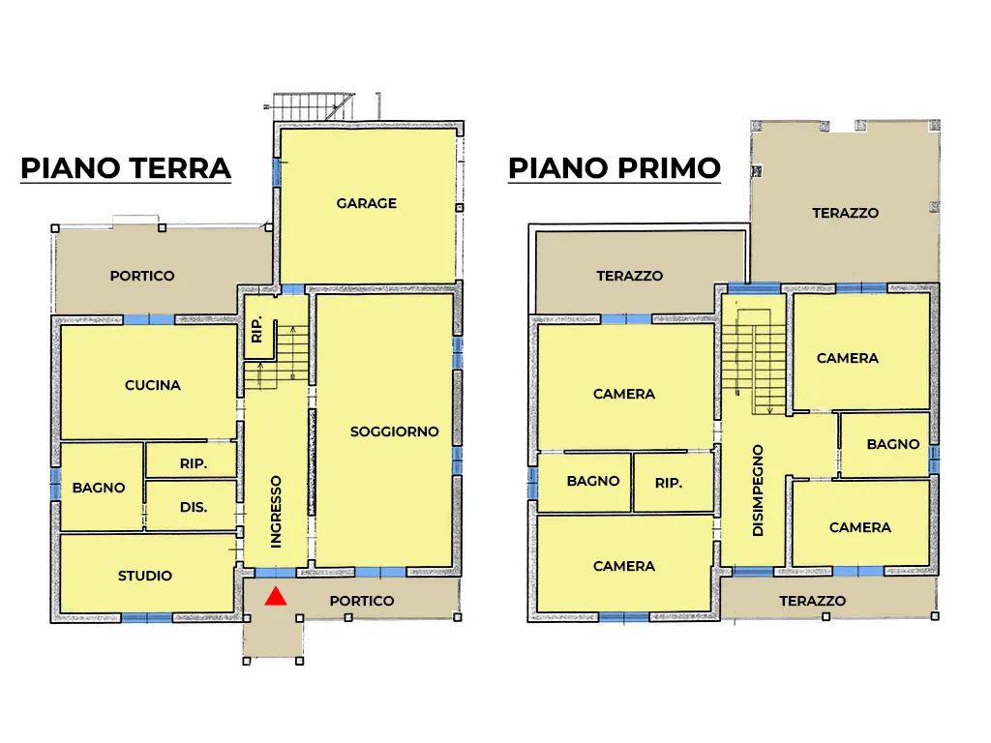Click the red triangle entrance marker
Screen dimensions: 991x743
(276, 596)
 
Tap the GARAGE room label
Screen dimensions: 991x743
(367, 203)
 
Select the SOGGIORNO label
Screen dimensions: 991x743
(395, 431)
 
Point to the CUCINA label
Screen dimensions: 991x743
(153, 385)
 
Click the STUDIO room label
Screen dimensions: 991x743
(145, 576)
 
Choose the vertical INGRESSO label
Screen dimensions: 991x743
(276, 512)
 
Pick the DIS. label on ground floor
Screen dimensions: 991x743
(194, 507)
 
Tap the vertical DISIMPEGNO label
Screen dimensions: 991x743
(759, 490)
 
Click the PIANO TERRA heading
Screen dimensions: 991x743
(126, 168)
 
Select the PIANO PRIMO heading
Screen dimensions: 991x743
(615, 168)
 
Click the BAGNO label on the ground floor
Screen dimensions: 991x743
(99, 488)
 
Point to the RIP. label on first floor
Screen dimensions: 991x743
(669, 484)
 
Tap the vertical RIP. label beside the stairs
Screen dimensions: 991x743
(256, 330)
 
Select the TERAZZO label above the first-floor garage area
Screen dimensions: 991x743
(846, 213)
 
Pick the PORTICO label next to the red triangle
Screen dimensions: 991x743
(362, 601)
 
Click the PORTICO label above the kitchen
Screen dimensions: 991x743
(142, 276)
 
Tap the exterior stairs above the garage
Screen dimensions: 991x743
(310, 106)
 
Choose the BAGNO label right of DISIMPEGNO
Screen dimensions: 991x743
(893, 444)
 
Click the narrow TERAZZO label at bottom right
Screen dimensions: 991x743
(813, 601)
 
